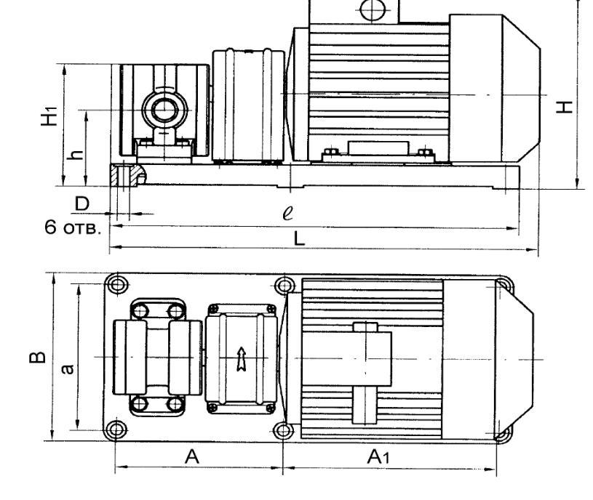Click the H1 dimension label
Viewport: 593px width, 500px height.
(49, 116)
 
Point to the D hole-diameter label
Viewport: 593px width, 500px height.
(82, 203)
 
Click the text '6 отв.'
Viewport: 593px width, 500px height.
(73, 227)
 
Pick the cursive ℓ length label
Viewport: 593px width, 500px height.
(288, 213)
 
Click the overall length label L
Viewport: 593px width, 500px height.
(299, 238)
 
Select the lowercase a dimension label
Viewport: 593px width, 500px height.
(68, 369)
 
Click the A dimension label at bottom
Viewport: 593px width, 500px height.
(192, 456)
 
